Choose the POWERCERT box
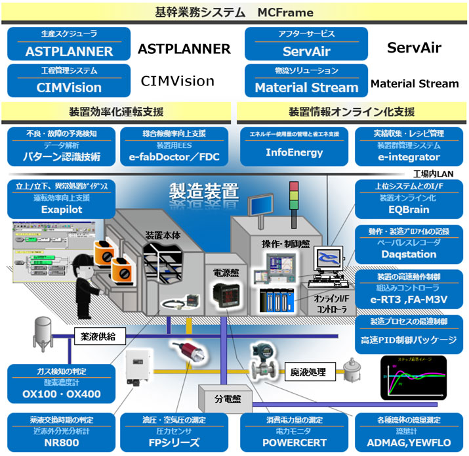coord(294,433)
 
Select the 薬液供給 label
coord(97,335)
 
